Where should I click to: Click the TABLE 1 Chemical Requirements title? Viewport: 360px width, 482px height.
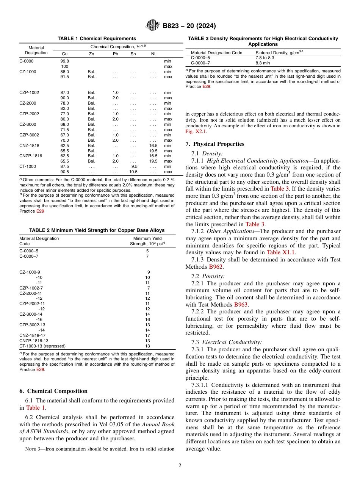97,39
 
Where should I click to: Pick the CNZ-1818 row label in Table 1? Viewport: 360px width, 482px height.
29,146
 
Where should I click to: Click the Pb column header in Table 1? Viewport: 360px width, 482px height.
116,54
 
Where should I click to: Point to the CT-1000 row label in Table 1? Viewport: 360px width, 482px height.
28,166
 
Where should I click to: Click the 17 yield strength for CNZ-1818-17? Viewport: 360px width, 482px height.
148,335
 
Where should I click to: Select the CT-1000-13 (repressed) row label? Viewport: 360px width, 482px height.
42,346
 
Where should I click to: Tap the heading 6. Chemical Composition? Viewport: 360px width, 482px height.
53,391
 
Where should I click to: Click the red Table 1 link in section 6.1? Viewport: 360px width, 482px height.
35,408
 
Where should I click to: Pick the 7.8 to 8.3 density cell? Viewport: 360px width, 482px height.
265,58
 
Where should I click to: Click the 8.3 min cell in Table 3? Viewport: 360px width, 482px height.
263,63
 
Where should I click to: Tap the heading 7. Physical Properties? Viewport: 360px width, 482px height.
215,144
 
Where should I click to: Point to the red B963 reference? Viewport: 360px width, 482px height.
241,304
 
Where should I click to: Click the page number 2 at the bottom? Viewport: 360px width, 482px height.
180,466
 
